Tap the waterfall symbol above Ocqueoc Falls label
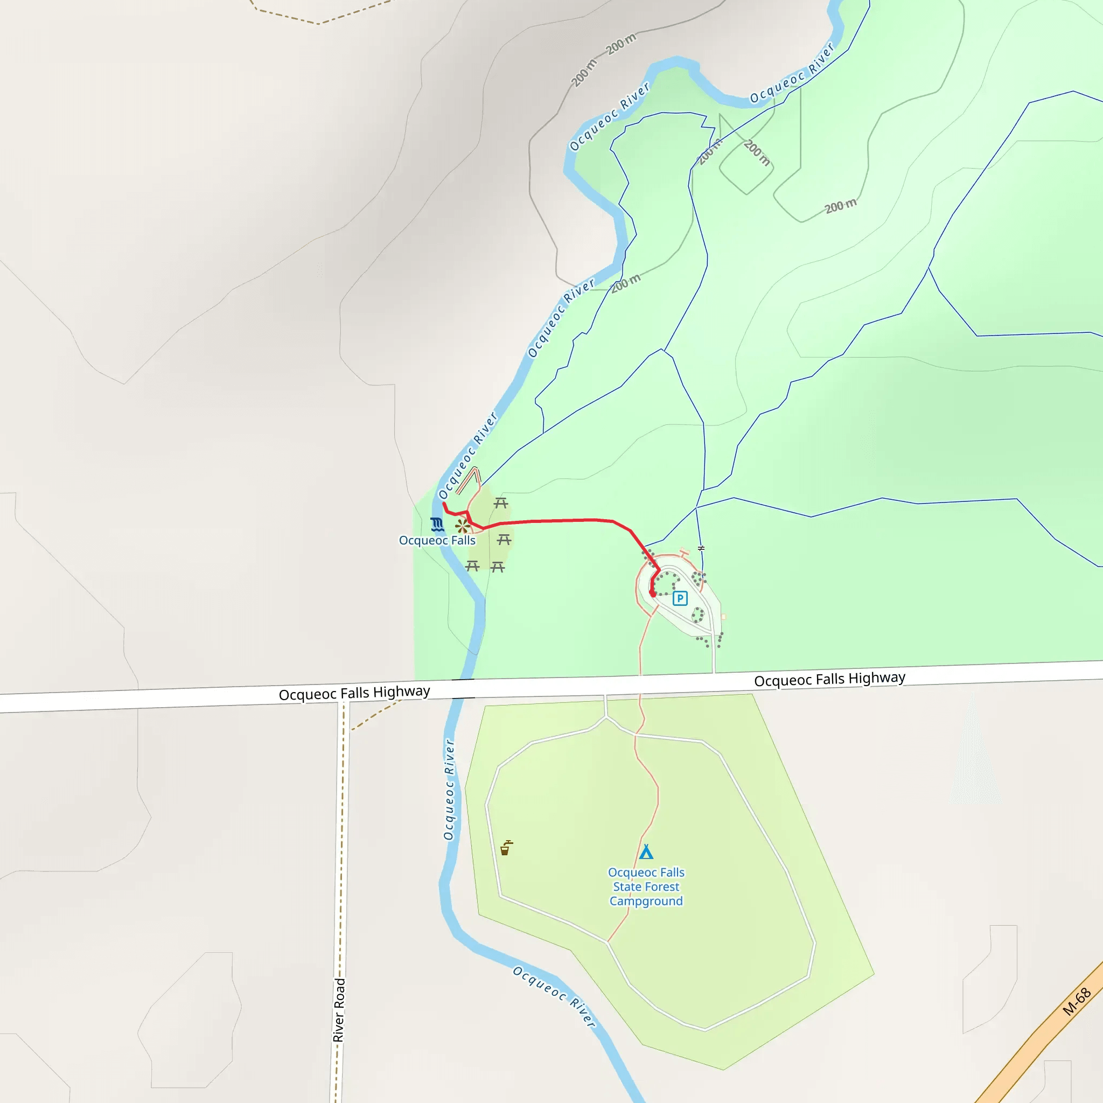437,524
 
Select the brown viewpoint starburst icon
463,526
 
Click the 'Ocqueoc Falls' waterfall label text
437,540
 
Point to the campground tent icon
646,853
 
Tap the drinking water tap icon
506,848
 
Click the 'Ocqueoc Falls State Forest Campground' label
646,886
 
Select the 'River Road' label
339,1010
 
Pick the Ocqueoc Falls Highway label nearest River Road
354,693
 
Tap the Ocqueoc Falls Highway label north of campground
829,679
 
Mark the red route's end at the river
444,504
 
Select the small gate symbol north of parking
701,548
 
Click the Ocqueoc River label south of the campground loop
554,997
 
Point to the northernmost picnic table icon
501,503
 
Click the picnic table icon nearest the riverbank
472,566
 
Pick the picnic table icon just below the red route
504,540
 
